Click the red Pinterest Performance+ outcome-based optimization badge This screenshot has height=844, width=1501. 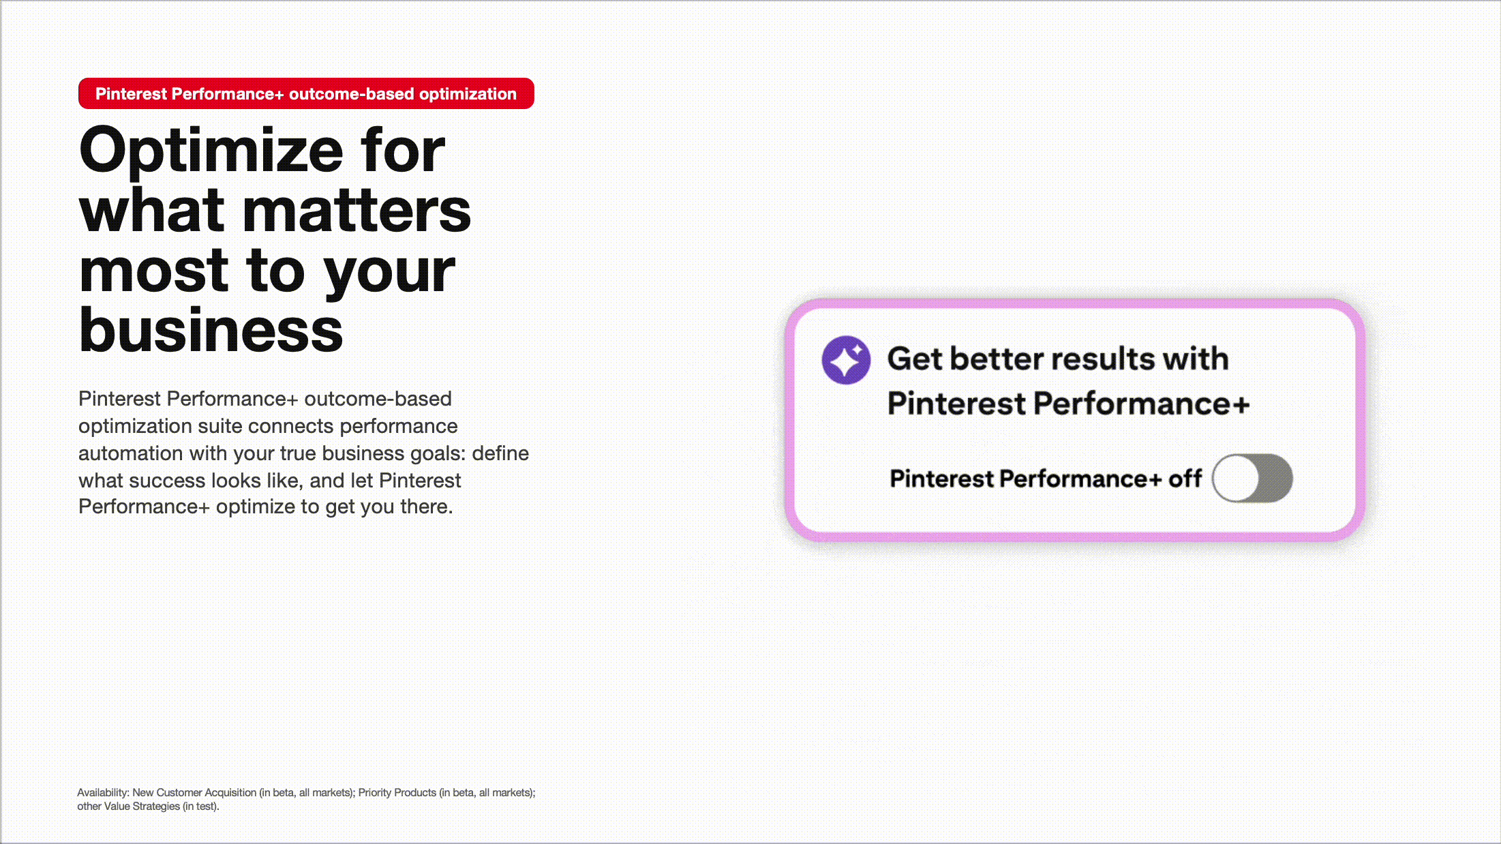306,94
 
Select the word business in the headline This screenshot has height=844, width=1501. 211,331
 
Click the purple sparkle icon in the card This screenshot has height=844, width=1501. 846,360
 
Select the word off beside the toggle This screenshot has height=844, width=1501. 1185,479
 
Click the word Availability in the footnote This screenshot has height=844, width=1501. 102,793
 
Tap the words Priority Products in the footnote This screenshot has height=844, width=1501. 397,793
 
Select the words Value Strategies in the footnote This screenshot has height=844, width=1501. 142,807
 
